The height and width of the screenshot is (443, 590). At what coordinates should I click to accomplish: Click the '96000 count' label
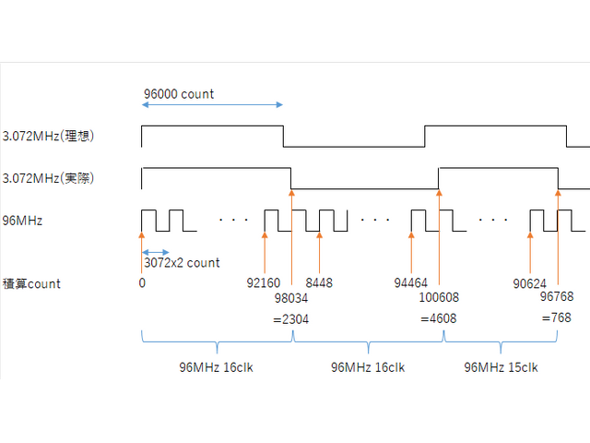tap(179, 94)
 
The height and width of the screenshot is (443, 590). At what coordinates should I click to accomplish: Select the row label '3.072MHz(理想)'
tap(49, 136)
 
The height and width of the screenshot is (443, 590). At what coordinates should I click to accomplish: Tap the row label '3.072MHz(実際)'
tap(49, 177)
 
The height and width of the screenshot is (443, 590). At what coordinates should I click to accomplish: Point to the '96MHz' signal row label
tap(23, 221)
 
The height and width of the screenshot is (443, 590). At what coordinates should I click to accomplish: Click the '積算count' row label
tap(32, 283)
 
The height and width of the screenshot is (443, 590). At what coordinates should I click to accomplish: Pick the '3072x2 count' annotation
tap(182, 262)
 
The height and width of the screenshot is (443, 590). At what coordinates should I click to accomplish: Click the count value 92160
tap(264, 283)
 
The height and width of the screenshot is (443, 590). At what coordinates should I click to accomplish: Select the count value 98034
tap(291, 298)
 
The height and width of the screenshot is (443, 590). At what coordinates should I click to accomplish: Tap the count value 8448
tap(319, 283)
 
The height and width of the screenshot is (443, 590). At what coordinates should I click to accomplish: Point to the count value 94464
tap(411, 283)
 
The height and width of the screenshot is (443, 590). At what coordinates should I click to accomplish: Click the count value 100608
tap(439, 298)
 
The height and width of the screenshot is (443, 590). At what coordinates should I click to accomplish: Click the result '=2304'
tap(290, 318)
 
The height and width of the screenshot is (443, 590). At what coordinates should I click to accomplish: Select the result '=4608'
tap(438, 318)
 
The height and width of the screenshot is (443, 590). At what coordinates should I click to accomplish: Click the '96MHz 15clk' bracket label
tap(501, 366)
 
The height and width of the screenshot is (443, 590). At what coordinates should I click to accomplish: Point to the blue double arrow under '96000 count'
tap(212, 107)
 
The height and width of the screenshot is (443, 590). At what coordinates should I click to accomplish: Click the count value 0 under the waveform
tap(142, 283)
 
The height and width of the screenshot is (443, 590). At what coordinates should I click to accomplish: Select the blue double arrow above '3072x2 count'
tap(156, 252)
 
